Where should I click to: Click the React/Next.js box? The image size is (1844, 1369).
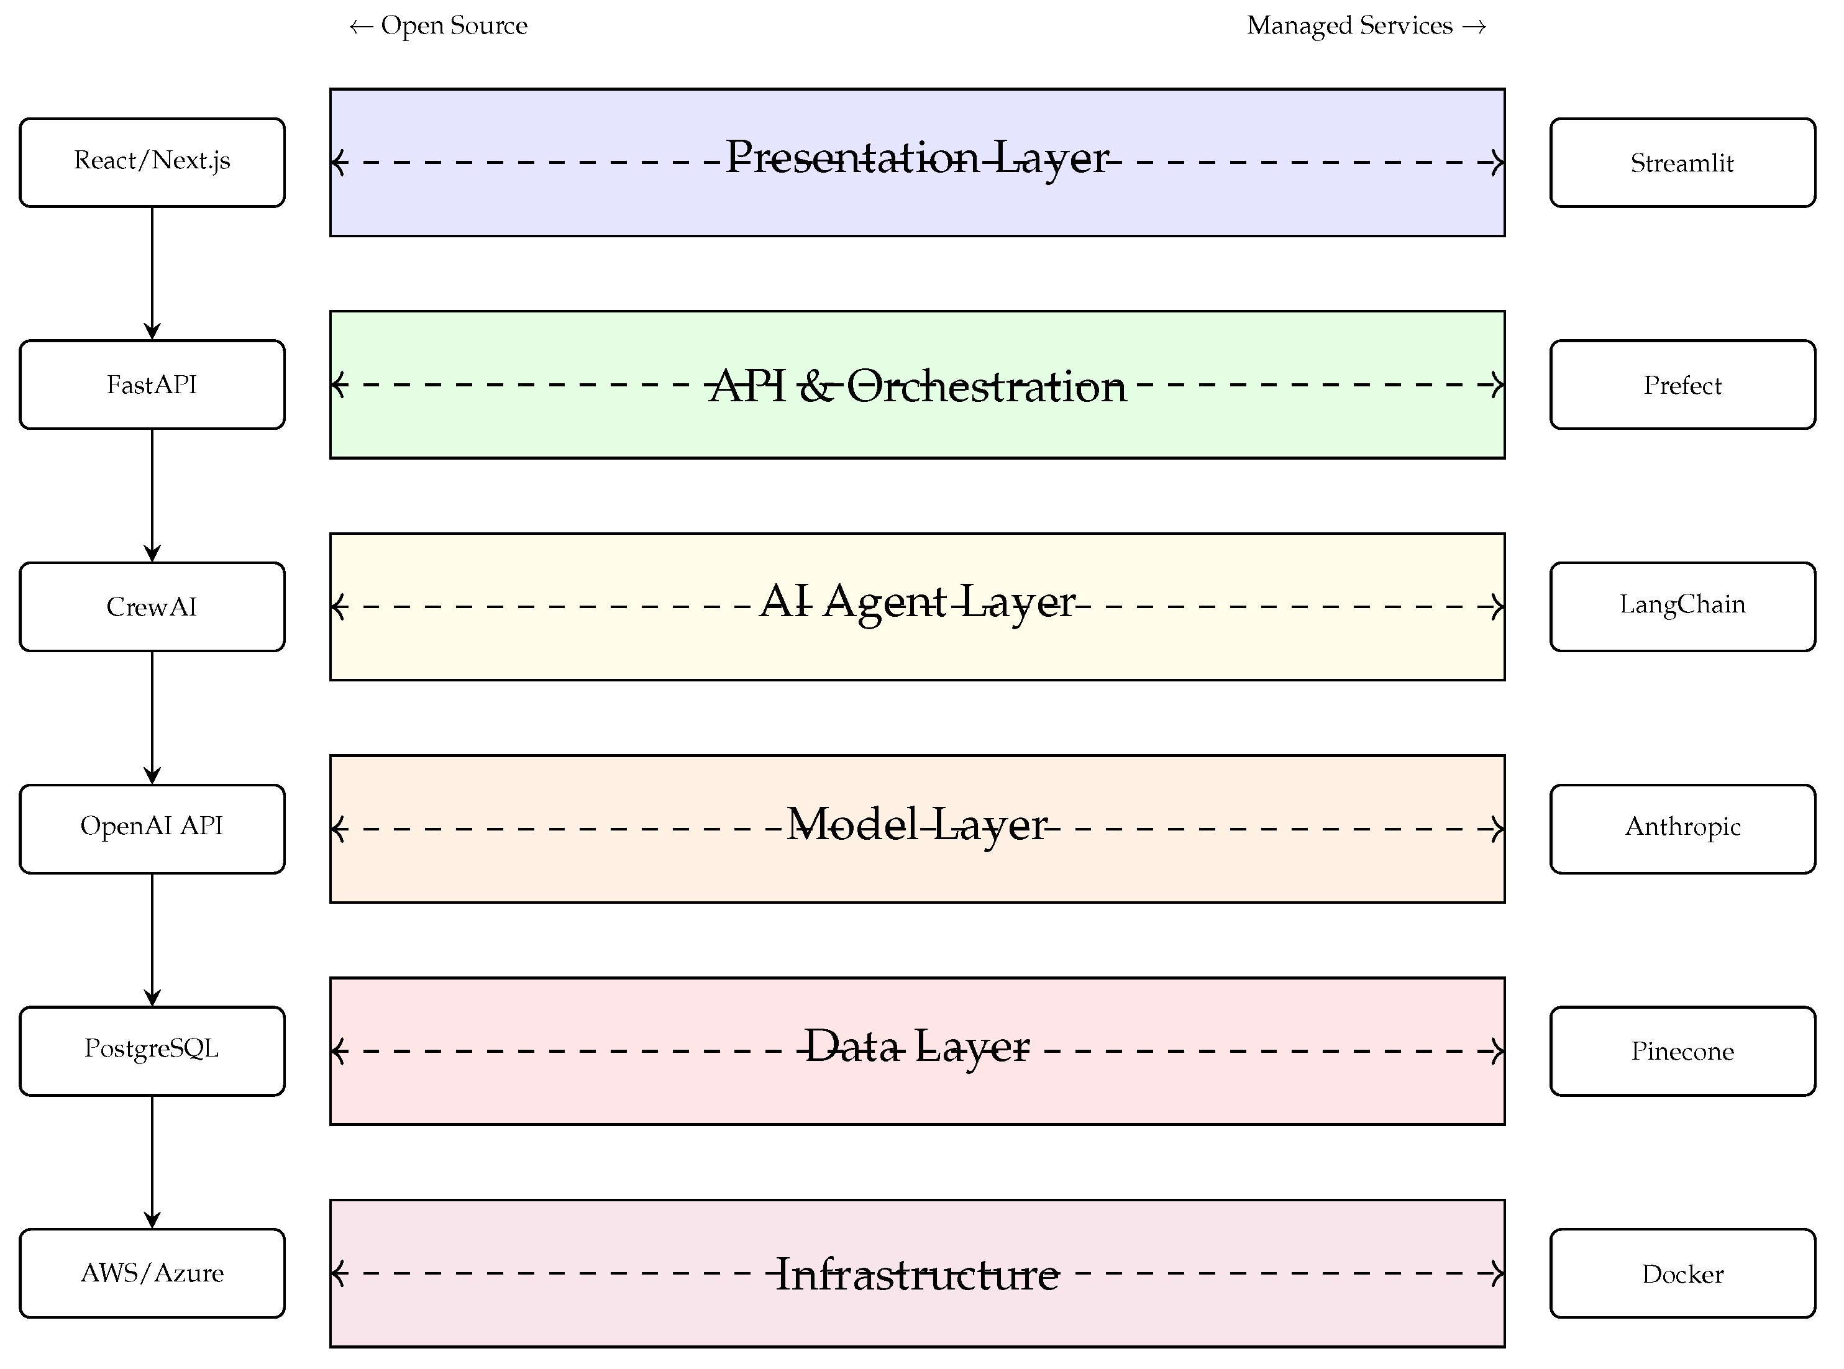click(152, 162)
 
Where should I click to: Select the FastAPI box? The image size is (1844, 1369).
click(152, 384)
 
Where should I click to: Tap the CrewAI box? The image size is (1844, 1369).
click(152, 607)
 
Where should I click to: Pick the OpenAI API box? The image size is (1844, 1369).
click(152, 829)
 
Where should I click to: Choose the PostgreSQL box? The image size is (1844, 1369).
click(152, 1051)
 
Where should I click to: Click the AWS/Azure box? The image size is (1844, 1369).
click(152, 1273)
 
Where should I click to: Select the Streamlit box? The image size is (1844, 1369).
click(1682, 162)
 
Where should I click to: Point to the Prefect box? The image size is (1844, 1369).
click(1682, 384)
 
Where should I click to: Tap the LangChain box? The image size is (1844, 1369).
click(1682, 607)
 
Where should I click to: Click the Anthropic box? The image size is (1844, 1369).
click(1682, 829)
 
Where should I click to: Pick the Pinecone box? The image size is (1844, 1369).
click(1682, 1051)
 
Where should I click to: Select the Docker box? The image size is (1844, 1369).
click(1682, 1273)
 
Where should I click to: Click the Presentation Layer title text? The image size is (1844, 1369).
click(916, 157)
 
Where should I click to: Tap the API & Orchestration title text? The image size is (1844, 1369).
click(916, 386)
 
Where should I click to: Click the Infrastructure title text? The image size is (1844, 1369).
click(916, 1275)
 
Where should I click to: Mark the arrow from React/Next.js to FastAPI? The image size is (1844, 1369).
click(152, 273)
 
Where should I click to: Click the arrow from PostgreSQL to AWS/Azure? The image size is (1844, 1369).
click(152, 1162)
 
